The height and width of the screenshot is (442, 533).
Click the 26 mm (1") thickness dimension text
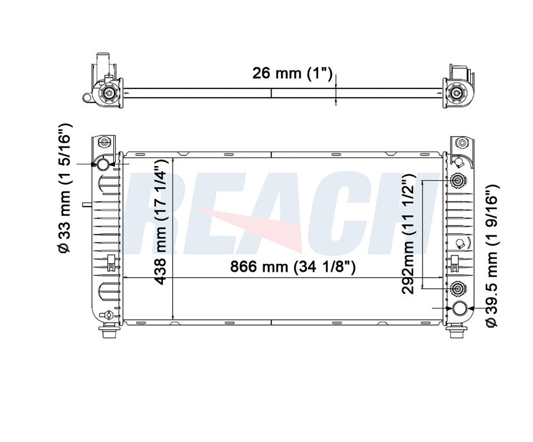292,73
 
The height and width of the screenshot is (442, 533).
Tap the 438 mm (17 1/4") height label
160,222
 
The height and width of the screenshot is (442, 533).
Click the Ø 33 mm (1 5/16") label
66,188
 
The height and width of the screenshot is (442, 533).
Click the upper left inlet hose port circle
104,164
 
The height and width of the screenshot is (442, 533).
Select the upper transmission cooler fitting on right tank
459,181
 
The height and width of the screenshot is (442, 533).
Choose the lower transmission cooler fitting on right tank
459,288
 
